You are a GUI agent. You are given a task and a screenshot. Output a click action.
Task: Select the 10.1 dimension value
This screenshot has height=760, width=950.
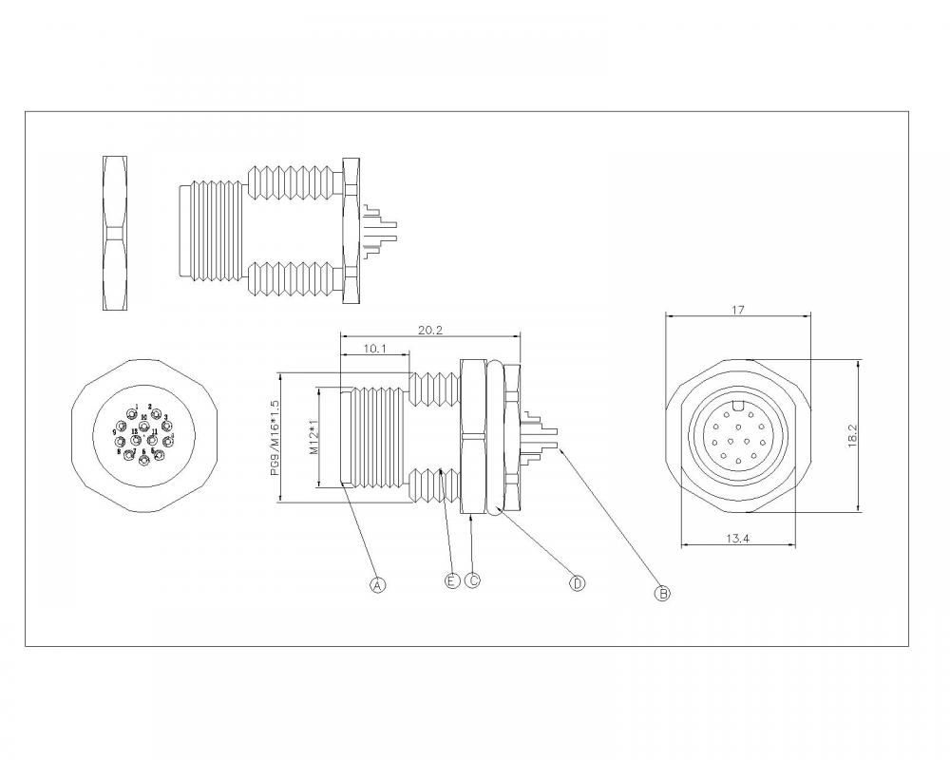click(x=374, y=349)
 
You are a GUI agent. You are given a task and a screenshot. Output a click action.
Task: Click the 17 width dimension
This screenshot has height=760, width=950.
click(x=737, y=310)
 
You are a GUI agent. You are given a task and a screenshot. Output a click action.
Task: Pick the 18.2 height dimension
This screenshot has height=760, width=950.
click(x=852, y=436)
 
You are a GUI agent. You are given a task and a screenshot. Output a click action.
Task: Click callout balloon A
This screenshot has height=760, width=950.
click(x=377, y=585)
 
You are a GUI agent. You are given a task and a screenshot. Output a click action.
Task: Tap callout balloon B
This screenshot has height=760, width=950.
click(x=663, y=594)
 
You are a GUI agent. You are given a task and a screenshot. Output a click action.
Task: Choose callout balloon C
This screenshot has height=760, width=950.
click(x=472, y=579)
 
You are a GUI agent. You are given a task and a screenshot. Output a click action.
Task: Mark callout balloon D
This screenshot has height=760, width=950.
click(x=577, y=583)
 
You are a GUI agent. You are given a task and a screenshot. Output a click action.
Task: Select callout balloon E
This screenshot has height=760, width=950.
click(x=452, y=579)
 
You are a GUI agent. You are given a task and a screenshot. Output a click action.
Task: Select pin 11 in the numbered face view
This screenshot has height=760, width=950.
click(x=152, y=441)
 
